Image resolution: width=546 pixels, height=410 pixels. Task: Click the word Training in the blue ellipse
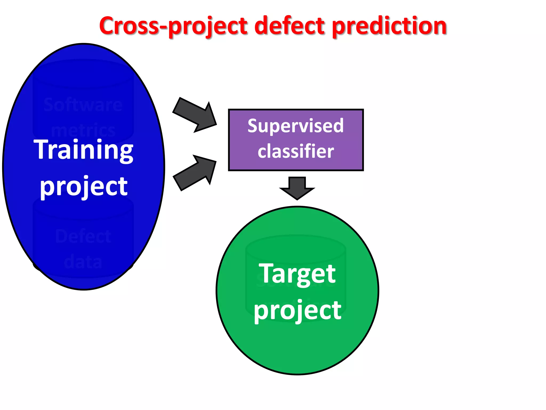[x=83, y=150]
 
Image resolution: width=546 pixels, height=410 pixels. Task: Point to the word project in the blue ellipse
[x=83, y=186]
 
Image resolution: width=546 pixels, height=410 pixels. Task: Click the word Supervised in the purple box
[x=295, y=126]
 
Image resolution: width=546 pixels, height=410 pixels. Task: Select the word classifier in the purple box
[x=296, y=151]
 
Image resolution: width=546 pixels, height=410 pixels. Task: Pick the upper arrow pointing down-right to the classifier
[x=196, y=115]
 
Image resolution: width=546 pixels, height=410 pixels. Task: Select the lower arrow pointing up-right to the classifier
[x=196, y=172]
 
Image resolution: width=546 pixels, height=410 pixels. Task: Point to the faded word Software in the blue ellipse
[x=83, y=105]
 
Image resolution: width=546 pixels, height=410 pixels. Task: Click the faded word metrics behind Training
[x=83, y=131]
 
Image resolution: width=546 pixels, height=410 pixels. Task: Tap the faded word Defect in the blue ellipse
[x=83, y=236]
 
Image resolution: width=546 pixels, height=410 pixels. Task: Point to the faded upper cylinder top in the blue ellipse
[x=83, y=73]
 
